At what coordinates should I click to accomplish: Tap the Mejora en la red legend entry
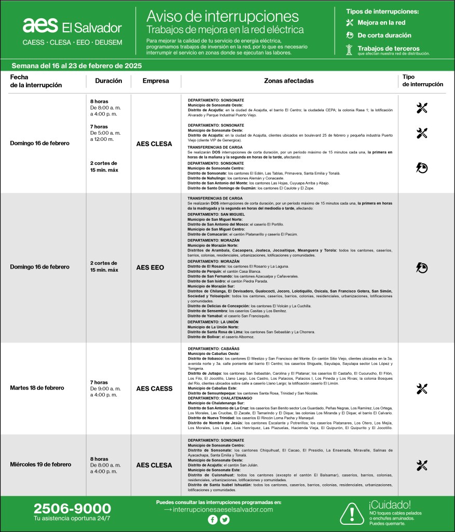[x=381, y=23]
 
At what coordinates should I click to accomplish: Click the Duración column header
[x=108, y=81]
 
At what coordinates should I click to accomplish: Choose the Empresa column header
[x=156, y=81]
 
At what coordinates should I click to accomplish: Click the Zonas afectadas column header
[x=288, y=81]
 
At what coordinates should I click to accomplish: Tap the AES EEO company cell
[x=150, y=268]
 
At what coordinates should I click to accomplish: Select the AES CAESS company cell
[x=154, y=389]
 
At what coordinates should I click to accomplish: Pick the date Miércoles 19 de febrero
[x=40, y=464]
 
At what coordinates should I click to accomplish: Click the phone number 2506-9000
[x=72, y=509]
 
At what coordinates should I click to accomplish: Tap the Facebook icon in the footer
[x=212, y=520]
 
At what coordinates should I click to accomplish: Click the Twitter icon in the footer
[x=225, y=520]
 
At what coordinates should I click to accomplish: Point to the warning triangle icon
[x=352, y=513]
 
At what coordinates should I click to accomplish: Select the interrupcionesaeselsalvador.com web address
[x=218, y=510]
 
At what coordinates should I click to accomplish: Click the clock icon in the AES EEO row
[x=422, y=268]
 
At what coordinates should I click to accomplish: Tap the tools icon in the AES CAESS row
[x=422, y=389]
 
